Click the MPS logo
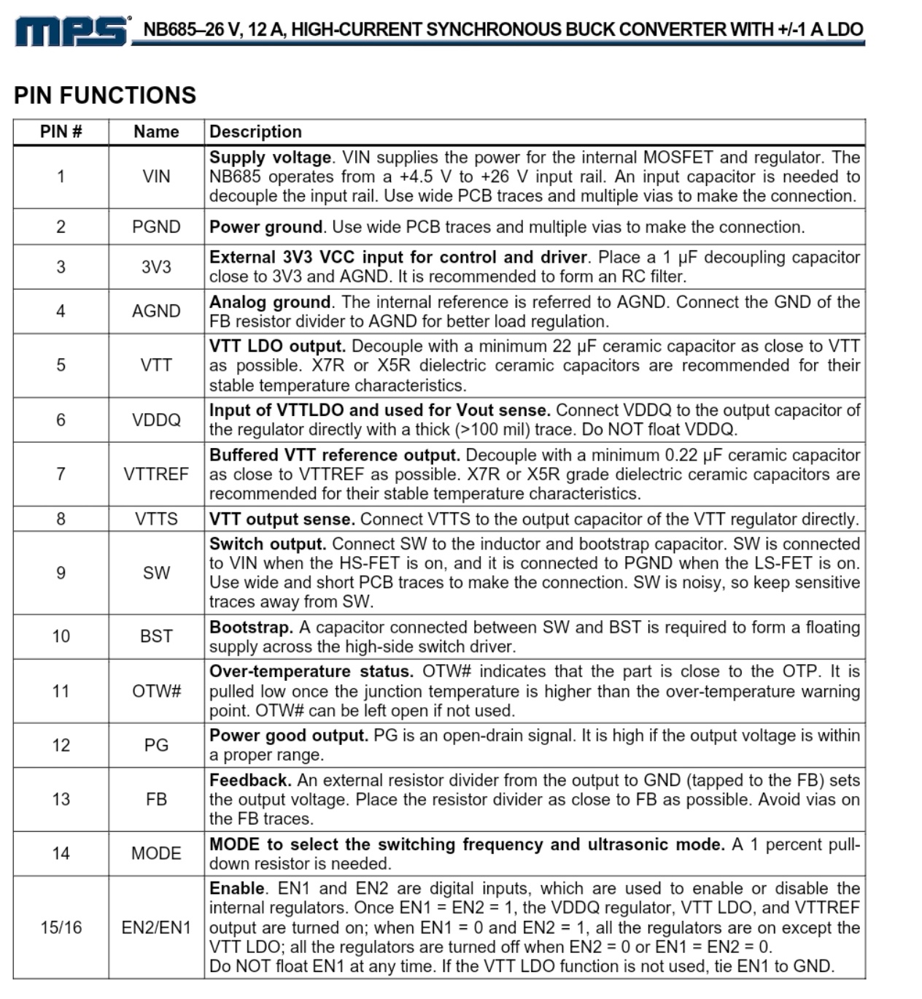71,31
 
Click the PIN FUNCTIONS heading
105,96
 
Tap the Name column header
156,131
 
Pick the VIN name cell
156,177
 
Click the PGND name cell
156,227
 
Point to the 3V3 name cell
156,267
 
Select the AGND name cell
156,312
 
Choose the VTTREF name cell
156,474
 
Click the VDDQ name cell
156,420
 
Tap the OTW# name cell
156,691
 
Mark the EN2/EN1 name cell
156,927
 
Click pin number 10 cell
61,636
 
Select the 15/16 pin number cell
61,927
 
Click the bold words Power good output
289,736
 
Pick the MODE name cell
156,854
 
